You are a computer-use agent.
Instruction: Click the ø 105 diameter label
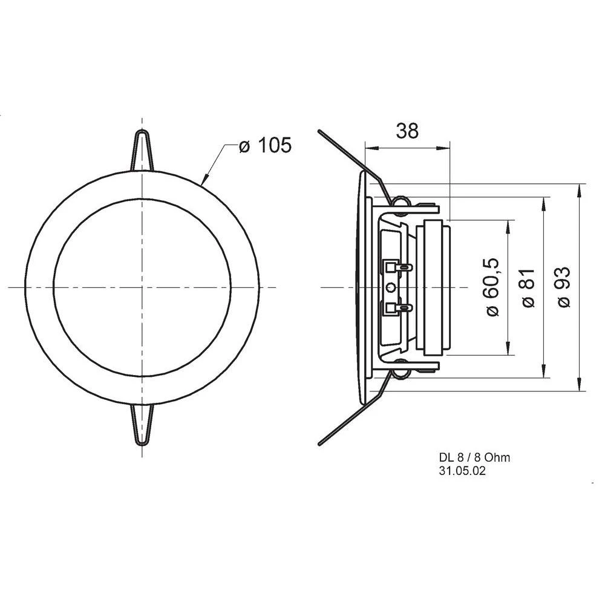265,146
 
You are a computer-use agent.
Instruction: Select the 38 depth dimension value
407,131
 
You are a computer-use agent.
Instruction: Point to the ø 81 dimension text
528,287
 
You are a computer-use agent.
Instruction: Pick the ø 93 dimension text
564,287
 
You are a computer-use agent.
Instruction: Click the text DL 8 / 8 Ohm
474,457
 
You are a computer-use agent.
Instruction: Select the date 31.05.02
462,471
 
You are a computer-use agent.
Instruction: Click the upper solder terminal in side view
397,266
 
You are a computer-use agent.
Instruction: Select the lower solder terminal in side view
397,309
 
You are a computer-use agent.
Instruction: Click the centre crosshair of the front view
142,287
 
